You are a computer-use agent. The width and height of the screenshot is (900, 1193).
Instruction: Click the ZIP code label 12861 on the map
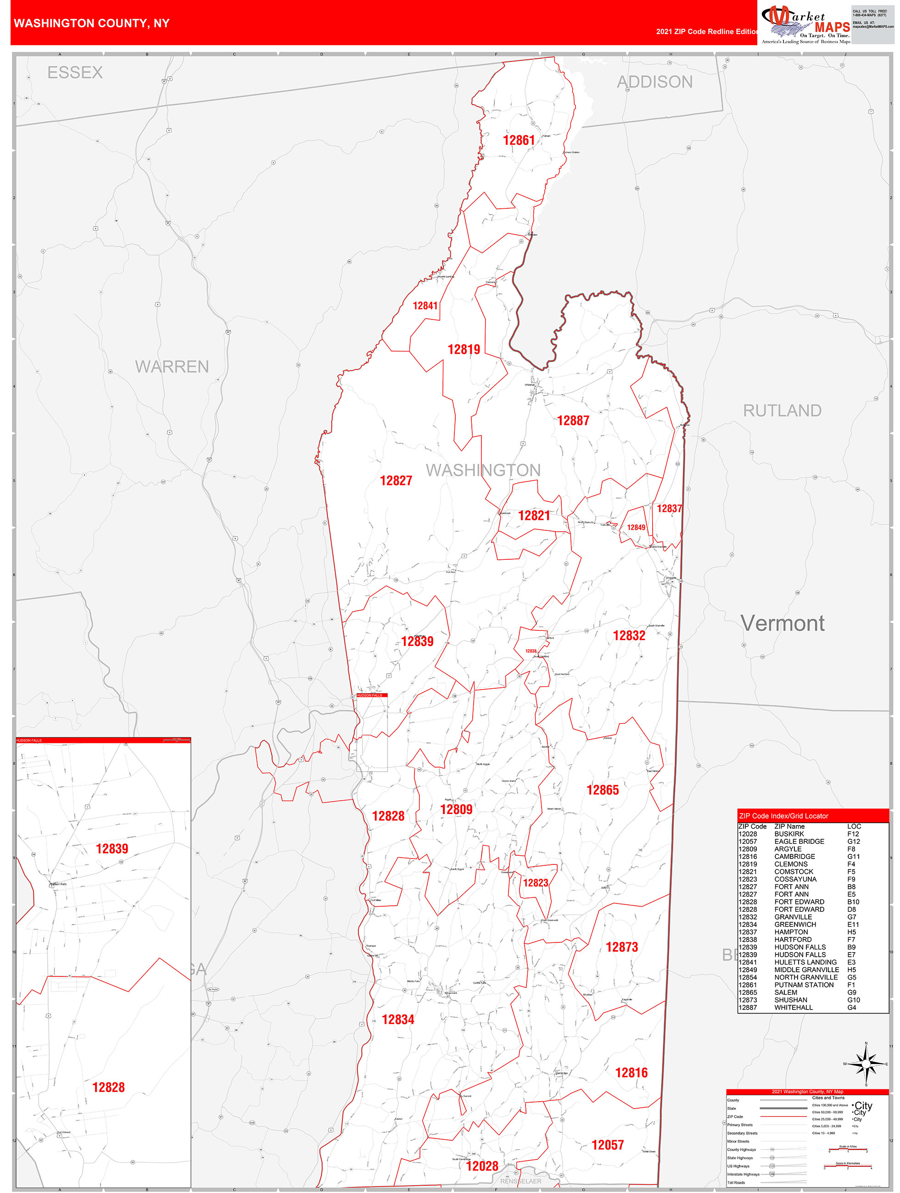(519, 141)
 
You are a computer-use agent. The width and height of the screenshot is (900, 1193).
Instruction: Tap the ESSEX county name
(75, 73)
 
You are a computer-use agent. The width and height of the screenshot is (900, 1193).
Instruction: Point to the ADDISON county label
(654, 82)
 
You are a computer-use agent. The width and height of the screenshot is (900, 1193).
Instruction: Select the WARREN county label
(172, 367)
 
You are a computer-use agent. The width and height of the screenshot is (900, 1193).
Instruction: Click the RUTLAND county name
(782, 411)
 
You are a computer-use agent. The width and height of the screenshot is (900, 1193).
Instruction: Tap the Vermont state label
(782, 624)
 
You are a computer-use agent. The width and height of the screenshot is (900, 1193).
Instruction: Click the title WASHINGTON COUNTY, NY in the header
(92, 23)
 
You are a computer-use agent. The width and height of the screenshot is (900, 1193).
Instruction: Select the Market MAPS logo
(805, 25)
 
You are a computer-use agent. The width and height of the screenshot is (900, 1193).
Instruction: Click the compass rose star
(866, 1064)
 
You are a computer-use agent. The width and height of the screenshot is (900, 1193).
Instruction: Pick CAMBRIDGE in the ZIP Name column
(794, 857)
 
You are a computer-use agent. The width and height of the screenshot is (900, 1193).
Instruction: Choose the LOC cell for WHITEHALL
(851, 1008)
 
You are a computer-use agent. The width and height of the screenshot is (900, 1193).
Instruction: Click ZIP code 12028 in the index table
(747, 834)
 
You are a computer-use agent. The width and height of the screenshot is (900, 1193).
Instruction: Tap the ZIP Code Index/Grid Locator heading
(783, 816)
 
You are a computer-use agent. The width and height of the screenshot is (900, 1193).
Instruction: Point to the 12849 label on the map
(636, 528)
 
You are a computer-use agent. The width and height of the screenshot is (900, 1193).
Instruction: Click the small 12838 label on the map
(531, 651)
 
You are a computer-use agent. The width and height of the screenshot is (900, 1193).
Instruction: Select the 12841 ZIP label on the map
(425, 306)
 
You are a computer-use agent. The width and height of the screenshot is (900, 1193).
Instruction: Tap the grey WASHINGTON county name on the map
(483, 470)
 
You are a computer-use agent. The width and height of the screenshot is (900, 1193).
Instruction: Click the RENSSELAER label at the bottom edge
(520, 1181)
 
